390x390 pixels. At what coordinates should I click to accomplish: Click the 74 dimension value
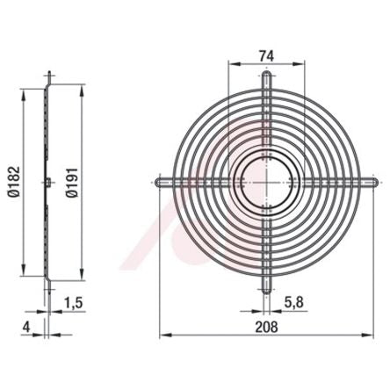point(266,55)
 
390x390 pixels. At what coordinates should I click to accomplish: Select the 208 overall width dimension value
point(266,327)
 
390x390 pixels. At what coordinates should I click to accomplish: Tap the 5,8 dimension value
point(293,303)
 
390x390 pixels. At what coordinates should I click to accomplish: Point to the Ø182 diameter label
point(14,182)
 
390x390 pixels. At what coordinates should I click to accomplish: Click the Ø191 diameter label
point(72,183)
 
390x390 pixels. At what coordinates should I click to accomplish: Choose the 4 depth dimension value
point(26,327)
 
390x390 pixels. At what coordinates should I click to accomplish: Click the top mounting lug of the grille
point(266,80)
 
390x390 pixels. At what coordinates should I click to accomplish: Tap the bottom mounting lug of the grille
point(266,284)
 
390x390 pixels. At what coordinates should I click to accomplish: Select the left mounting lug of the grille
point(164,182)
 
